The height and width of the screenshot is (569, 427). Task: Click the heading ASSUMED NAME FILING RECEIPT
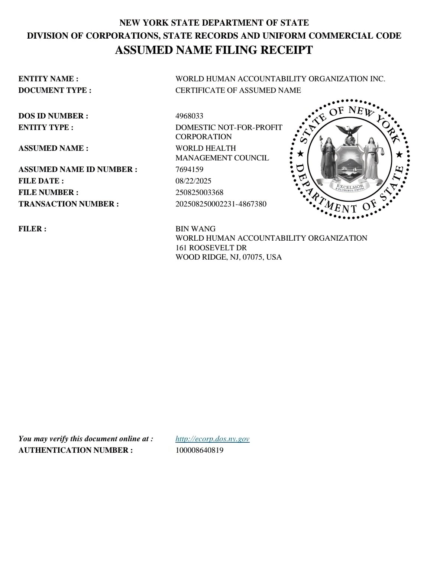[x=214, y=50]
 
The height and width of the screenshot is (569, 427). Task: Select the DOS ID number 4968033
[x=189, y=116]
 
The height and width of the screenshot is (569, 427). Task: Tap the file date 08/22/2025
[x=193, y=181]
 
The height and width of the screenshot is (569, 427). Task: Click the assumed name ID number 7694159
[x=189, y=169]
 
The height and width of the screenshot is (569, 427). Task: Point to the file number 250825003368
[x=199, y=192]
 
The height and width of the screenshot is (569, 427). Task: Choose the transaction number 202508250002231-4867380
[x=221, y=204]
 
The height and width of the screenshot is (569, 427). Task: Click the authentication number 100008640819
[x=199, y=450]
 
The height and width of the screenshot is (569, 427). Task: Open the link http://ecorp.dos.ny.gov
[x=212, y=439]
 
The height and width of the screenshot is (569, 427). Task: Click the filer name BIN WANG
[x=195, y=229]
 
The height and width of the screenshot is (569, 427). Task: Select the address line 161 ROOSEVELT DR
[x=211, y=248]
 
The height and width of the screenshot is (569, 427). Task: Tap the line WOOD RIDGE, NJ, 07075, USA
[x=228, y=257]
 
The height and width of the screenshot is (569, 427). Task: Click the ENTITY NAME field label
[x=48, y=79]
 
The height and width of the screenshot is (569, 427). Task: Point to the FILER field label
[x=32, y=229]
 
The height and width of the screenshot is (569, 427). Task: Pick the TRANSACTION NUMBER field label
[x=69, y=204]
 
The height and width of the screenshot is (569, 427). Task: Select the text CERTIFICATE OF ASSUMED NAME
[x=238, y=90]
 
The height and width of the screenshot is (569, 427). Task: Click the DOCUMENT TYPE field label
[x=55, y=90]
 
